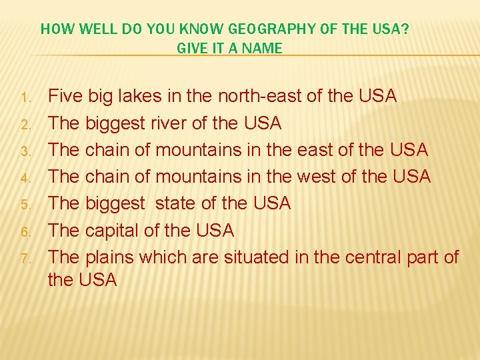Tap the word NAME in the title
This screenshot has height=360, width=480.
tap(266, 48)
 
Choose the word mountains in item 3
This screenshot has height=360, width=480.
tap(199, 150)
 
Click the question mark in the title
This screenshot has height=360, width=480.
tap(407, 29)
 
